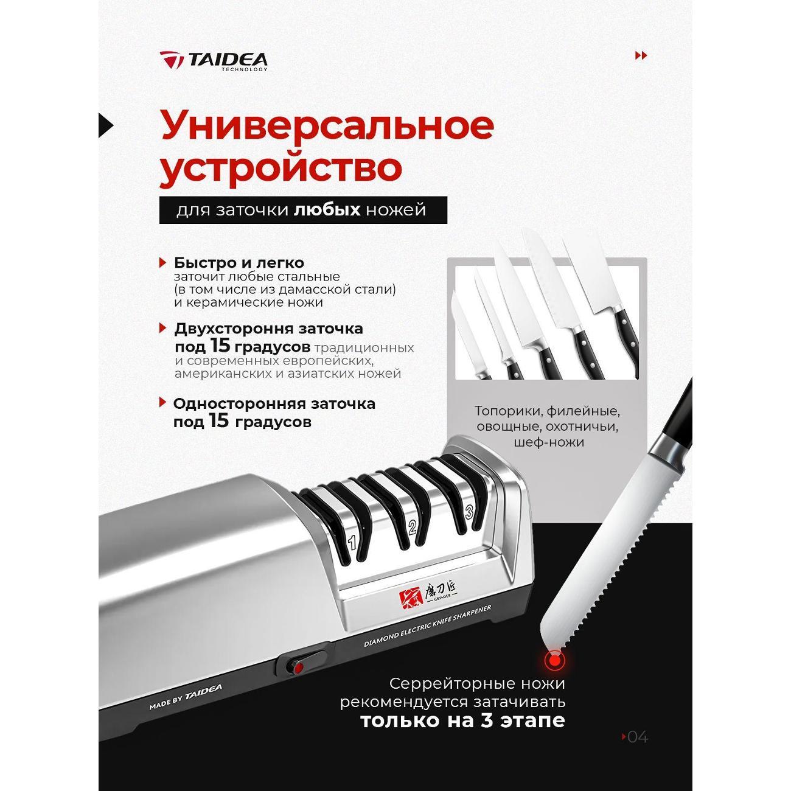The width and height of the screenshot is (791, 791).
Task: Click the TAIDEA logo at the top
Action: click(x=214, y=60)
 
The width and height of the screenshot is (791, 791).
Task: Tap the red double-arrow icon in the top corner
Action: click(x=641, y=56)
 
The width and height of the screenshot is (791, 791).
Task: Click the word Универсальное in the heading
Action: click(x=327, y=125)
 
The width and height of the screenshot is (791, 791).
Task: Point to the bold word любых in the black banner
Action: click(x=327, y=210)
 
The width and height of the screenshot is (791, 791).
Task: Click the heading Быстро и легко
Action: click(x=239, y=263)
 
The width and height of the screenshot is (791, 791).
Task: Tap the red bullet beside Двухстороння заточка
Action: click(x=162, y=328)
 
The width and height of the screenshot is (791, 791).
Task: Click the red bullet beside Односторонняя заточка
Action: click(x=162, y=402)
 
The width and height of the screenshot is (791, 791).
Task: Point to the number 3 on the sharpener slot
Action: click(x=469, y=512)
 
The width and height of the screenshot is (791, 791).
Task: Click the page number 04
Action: click(x=637, y=737)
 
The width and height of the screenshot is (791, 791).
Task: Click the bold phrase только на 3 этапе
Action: click(x=462, y=721)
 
